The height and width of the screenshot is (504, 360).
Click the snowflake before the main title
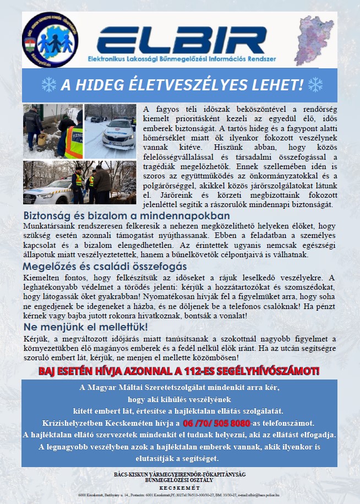49,85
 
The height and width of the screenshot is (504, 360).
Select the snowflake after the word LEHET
315,85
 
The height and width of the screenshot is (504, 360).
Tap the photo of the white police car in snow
111,131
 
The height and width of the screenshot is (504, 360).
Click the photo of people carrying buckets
52,131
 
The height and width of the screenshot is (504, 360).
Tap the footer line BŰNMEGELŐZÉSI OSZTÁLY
179,480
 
